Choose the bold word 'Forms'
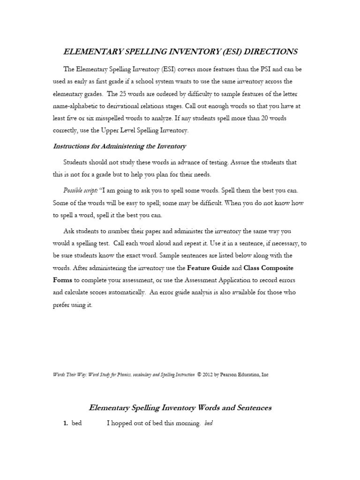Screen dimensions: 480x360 62,280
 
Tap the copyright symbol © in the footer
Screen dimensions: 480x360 199,375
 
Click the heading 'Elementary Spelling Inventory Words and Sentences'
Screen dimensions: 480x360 180,407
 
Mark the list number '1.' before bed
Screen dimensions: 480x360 66,423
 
